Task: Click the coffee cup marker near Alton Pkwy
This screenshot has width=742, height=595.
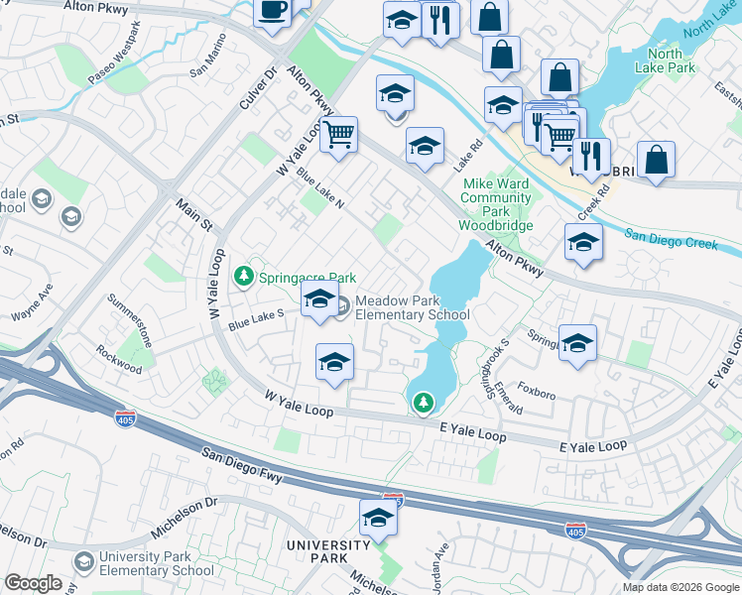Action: click(272, 13)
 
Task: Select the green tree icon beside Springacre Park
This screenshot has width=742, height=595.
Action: click(242, 276)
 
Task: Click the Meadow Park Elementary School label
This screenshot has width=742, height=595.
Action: click(412, 307)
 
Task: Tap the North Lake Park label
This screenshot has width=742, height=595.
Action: click(672, 60)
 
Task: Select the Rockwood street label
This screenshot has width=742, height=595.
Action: click(119, 358)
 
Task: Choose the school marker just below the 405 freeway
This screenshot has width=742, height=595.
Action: click(377, 520)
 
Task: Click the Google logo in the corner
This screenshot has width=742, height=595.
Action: click(33, 583)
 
